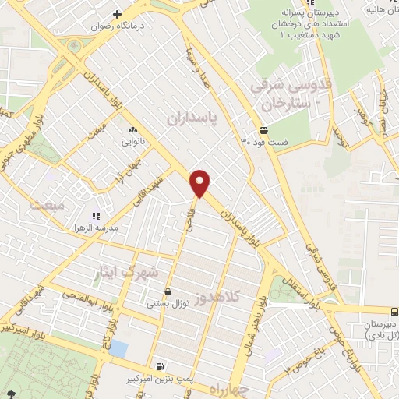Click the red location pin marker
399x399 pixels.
pos(201,182)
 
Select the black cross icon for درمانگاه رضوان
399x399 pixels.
pos(118,13)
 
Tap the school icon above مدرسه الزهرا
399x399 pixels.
pos(96,215)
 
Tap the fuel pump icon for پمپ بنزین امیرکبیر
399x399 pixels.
pos(161,366)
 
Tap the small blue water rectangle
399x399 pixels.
pos(118,348)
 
